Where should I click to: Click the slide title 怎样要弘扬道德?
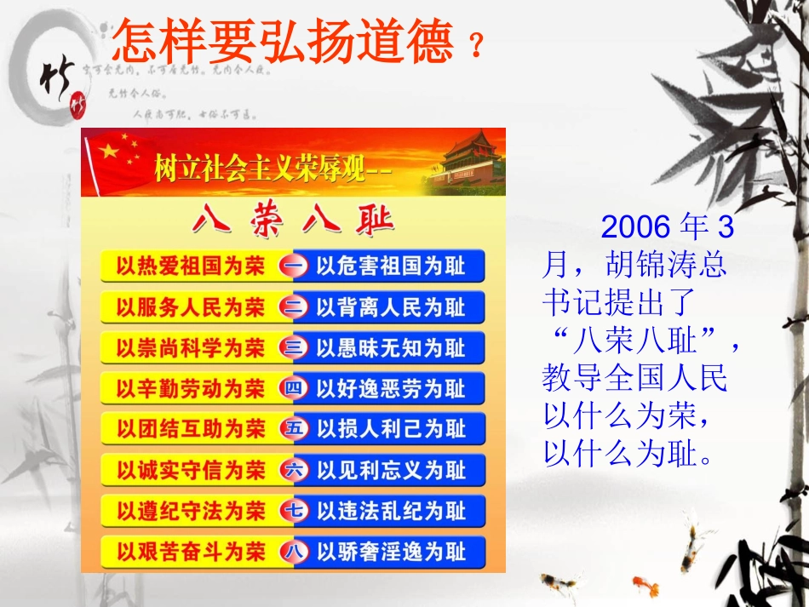(283, 40)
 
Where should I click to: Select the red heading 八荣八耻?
(293, 221)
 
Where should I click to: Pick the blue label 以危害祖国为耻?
(391, 266)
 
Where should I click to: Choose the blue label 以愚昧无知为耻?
(391, 348)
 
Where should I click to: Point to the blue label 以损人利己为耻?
(391, 429)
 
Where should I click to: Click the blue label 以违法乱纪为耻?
(391, 511)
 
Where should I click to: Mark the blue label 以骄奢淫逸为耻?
(391, 552)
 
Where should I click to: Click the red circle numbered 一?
(293, 266)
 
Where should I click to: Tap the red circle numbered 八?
(293, 552)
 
